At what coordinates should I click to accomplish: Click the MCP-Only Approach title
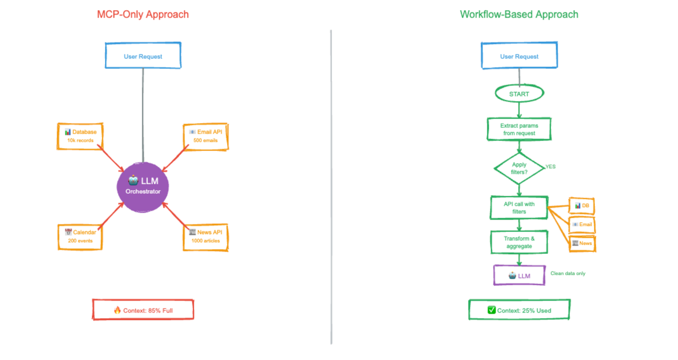[143, 15]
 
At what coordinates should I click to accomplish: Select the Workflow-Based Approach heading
[519, 15]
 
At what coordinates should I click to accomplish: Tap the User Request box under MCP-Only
[143, 56]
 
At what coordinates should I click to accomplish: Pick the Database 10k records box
[81, 136]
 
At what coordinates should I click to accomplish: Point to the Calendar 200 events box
[81, 236]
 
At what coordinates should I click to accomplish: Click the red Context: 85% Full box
[143, 310]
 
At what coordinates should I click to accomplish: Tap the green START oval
[519, 94]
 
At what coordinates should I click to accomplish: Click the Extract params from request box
[519, 129]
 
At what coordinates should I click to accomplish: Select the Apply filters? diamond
[519, 168]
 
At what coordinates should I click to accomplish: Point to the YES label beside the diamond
[550, 167]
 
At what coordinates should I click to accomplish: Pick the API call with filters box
[519, 207]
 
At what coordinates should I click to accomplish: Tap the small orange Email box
[582, 224]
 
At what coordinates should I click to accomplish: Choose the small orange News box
[582, 243]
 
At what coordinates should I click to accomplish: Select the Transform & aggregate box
[519, 242]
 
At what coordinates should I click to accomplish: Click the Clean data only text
[568, 274]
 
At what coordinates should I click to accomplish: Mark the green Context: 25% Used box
[519, 310]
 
